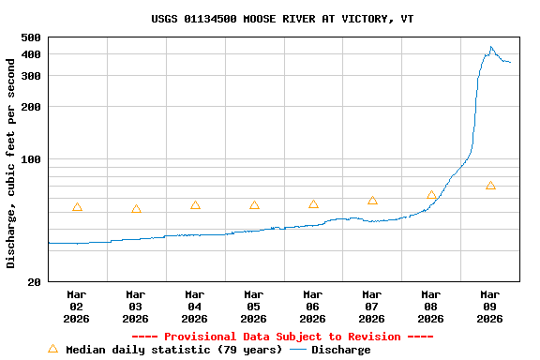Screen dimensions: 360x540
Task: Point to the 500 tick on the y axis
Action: tap(30, 37)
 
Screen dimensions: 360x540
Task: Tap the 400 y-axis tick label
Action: tap(30, 54)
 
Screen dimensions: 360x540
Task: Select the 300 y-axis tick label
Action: tap(30, 75)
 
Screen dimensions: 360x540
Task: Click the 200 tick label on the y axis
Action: tap(30, 107)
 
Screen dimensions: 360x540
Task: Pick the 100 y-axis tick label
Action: tap(30, 159)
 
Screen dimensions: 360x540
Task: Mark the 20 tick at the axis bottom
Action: tap(34, 282)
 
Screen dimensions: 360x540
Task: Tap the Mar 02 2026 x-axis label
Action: tap(77, 306)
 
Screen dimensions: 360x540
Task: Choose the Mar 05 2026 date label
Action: tap(254, 306)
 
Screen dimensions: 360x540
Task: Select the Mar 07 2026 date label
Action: tap(372, 306)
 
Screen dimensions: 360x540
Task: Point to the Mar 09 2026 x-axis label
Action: tap(490, 306)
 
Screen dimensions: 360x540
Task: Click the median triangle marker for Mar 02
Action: tap(77, 207)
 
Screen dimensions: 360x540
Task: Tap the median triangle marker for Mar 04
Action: tap(195, 205)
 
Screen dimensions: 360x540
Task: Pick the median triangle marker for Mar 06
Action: tap(313, 204)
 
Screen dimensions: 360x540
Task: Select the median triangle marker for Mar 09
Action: tap(490, 186)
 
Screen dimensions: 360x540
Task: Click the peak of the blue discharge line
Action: tap(491, 47)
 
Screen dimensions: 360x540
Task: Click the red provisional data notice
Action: tap(282, 337)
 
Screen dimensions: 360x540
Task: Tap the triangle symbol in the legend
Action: tap(52, 349)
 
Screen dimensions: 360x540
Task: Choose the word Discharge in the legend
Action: tap(340, 350)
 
